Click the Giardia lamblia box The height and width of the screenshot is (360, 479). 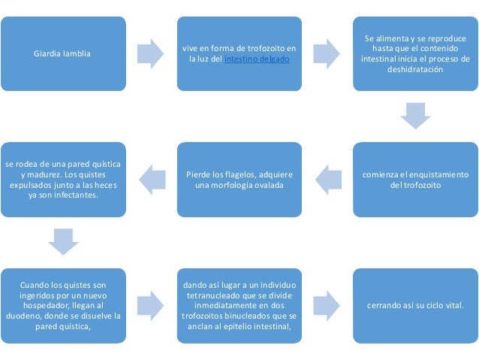coord(62,53)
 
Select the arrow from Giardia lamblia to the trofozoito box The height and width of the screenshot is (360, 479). coord(150,53)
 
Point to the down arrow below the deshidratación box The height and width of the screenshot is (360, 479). coord(415,116)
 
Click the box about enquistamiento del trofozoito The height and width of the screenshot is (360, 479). coord(415,179)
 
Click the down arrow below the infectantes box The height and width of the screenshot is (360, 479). coord(62,241)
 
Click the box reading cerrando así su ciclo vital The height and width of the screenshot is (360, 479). coord(415,305)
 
